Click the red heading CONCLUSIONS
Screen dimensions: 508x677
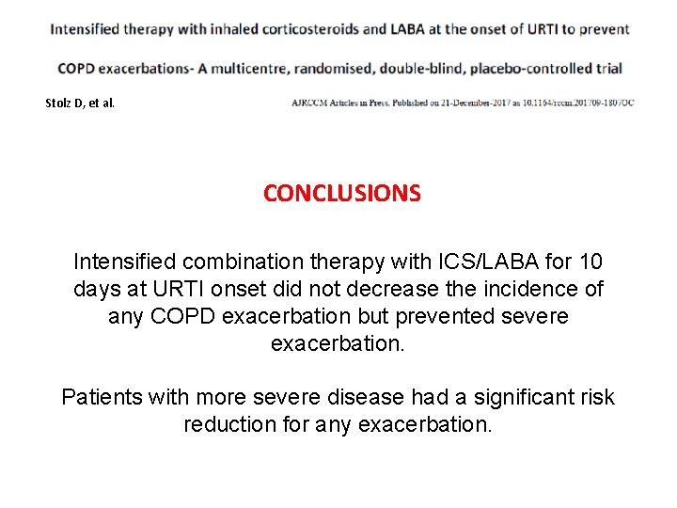[x=342, y=194]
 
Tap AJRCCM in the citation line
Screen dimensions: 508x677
[x=311, y=102]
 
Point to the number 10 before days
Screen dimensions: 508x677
[x=590, y=262]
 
